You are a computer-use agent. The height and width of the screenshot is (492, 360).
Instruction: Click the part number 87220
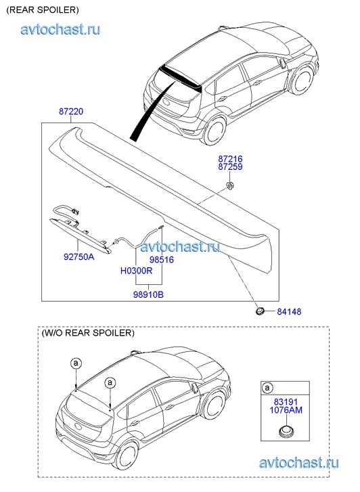coord(71,112)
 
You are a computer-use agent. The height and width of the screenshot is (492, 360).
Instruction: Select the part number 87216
coord(230,159)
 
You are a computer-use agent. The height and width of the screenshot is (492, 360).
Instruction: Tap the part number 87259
coord(230,166)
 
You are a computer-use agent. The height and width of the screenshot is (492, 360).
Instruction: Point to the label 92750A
coord(78,256)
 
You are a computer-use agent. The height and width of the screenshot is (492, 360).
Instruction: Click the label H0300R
coord(136,271)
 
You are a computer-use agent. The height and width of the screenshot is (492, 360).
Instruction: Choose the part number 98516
coord(162,260)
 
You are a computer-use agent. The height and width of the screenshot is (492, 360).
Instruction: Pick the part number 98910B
coord(148,294)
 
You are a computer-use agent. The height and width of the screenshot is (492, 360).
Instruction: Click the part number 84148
coord(289,311)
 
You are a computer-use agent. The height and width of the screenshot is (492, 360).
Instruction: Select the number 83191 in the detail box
coord(286,402)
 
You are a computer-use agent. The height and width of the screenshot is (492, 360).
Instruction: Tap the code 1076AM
coord(286,410)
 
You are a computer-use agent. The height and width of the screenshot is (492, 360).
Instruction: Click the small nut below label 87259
coord(231,185)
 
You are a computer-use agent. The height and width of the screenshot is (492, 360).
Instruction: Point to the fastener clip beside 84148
coord(260,311)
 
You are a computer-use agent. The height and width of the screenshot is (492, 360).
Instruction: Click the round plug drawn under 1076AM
coord(286,430)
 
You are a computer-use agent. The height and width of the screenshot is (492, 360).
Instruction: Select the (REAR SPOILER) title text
coord(43,9)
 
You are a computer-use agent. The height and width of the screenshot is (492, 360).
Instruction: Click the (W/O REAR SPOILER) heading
coord(88,333)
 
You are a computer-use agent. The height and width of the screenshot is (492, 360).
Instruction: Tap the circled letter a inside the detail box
coord(267,388)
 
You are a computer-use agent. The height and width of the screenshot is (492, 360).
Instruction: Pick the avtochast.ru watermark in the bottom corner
coord(299,463)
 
